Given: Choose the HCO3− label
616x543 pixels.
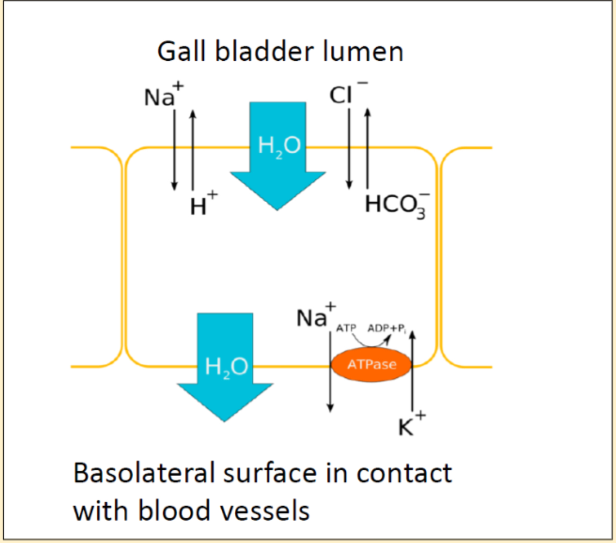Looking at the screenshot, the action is coord(397,206).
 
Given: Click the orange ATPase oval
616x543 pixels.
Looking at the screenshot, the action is coord(372,364).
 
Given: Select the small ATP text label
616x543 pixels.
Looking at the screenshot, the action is coord(346,328).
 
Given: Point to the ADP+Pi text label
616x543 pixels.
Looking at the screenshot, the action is coord(386,329).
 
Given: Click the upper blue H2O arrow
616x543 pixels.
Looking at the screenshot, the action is coord(278,156).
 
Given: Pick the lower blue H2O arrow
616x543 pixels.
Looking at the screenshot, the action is coord(225,367).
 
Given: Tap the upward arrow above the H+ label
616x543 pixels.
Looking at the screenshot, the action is coord(193,150).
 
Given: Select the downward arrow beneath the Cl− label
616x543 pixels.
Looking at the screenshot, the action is coord(349,149).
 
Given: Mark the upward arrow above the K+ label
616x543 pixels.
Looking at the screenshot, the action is coord(412,370).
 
